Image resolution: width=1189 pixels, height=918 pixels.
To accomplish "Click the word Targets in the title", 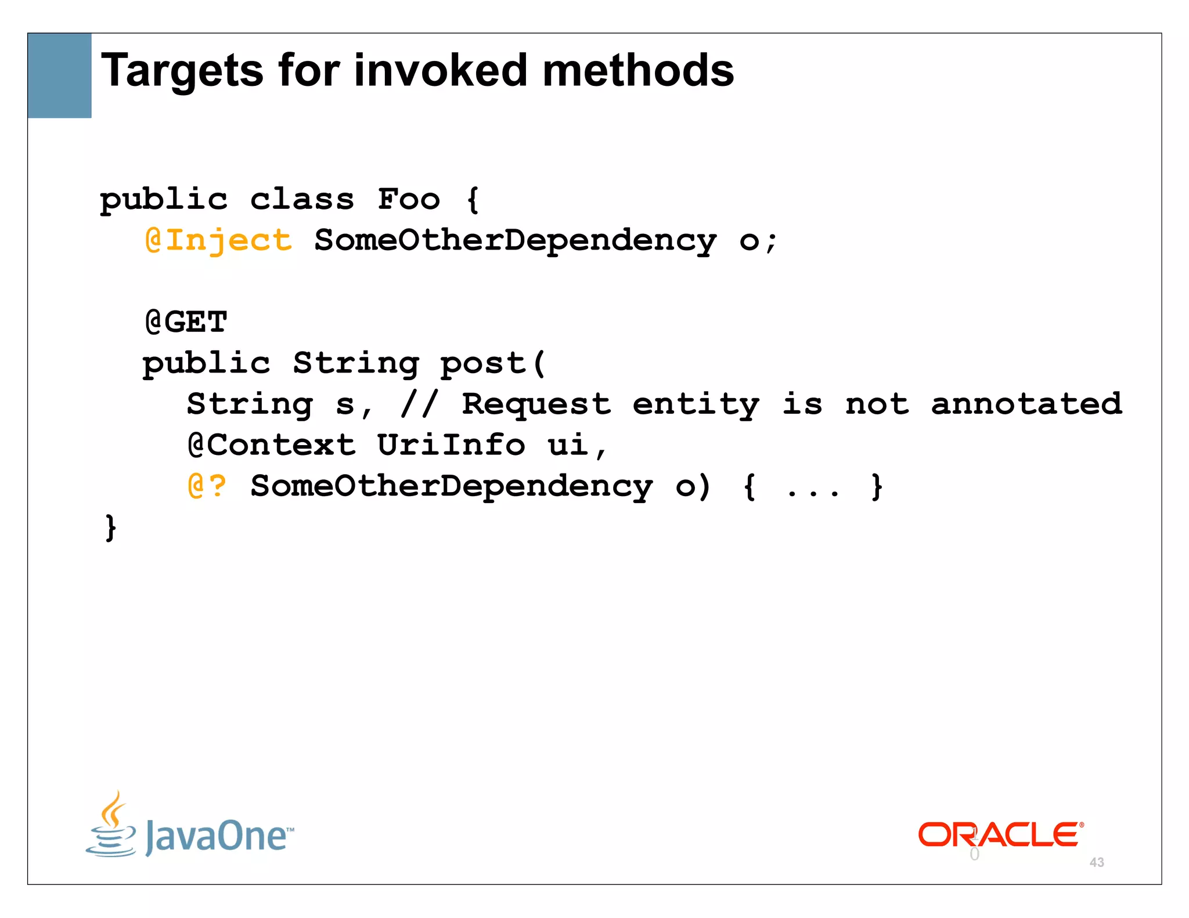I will (x=182, y=71).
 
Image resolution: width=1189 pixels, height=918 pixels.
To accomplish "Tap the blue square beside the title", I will (x=60, y=75).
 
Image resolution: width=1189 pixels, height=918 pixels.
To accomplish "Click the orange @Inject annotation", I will (x=219, y=240).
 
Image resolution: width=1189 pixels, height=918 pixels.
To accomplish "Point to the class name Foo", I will (x=409, y=200).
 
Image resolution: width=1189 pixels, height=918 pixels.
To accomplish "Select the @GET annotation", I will (x=186, y=322).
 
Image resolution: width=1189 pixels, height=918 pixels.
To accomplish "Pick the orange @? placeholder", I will (x=207, y=486).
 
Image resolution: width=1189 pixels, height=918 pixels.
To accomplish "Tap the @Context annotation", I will (x=272, y=445).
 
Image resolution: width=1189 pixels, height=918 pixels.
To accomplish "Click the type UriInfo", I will (x=451, y=445).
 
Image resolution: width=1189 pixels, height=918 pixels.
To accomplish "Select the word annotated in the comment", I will (x=1026, y=404).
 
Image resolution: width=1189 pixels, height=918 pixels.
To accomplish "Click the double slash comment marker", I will (x=419, y=404).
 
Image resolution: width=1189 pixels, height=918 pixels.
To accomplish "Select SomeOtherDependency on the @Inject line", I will (x=516, y=240).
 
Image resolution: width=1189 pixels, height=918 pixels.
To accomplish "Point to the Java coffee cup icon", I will (x=111, y=825).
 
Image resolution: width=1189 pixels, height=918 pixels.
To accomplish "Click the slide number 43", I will (x=1097, y=862).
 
